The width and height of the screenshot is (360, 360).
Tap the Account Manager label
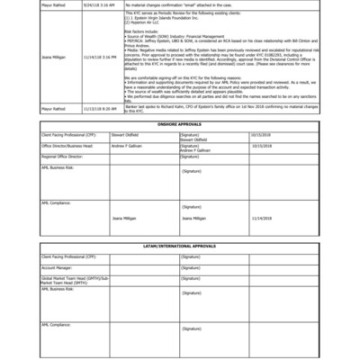click(57, 267)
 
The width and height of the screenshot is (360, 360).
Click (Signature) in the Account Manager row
click(191, 267)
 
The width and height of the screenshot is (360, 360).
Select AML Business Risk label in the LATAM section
click(58, 289)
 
